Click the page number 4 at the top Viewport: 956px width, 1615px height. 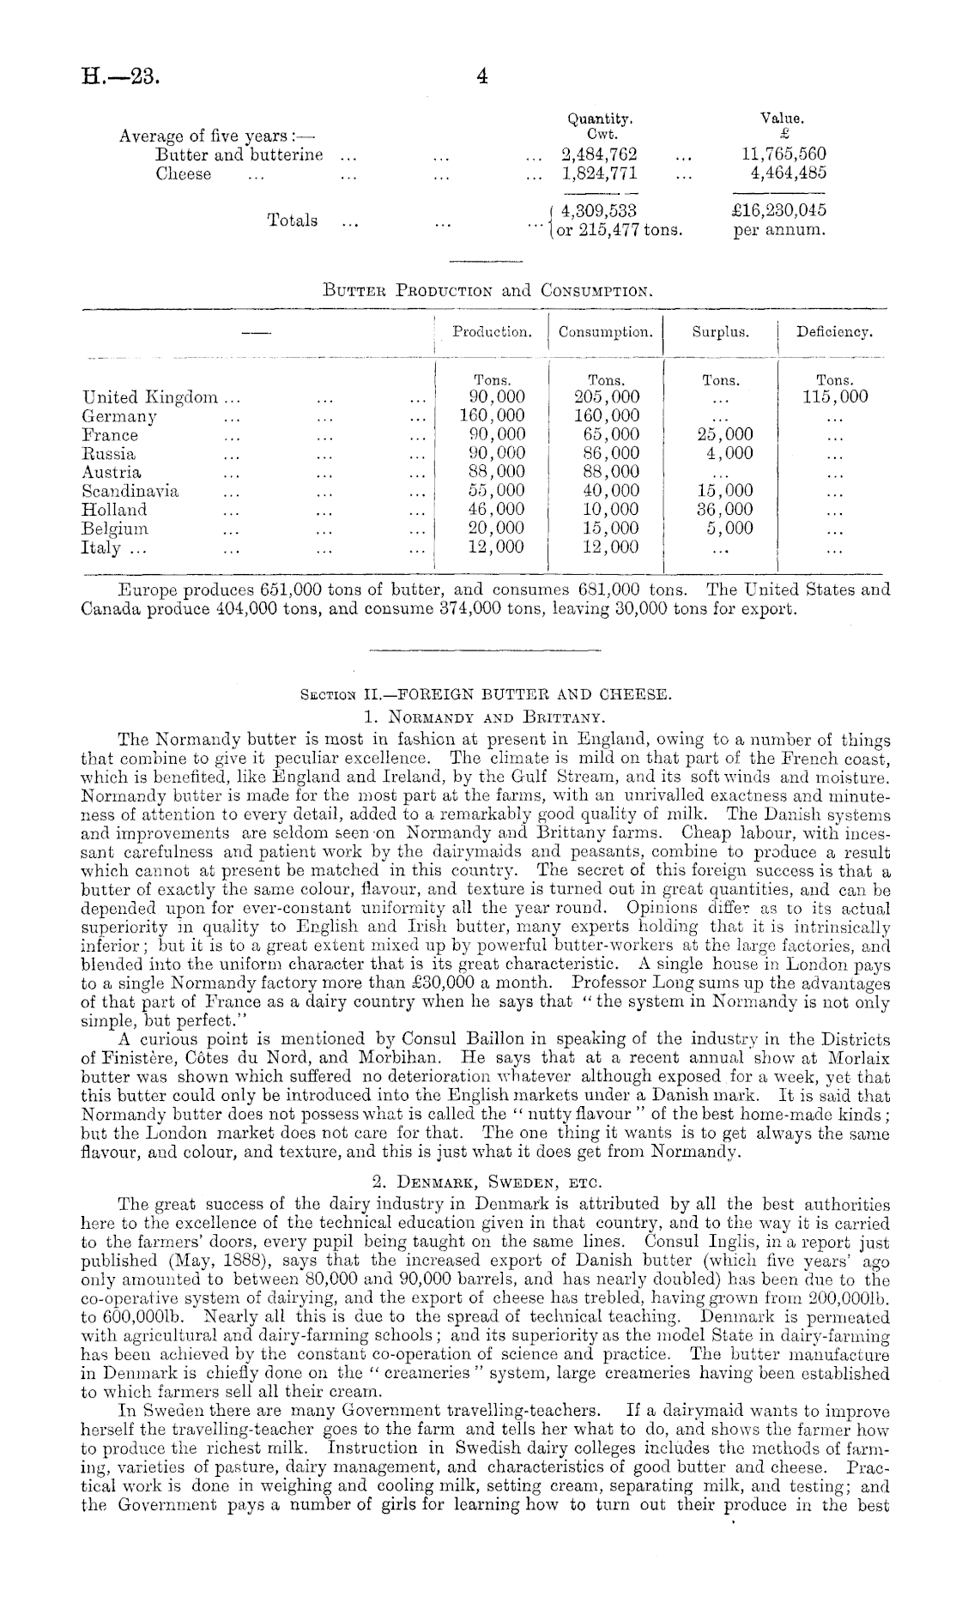[x=481, y=76]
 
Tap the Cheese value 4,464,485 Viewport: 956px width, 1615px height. [x=788, y=173]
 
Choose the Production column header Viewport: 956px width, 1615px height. [x=492, y=331]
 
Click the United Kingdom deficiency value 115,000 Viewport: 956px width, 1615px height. [x=832, y=397]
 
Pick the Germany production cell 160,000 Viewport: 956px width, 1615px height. [x=492, y=416]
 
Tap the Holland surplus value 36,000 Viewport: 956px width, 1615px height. [x=719, y=510]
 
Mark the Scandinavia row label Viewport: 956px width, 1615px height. [x=130, y=491]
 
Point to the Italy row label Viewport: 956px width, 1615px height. [x=101, y=547]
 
